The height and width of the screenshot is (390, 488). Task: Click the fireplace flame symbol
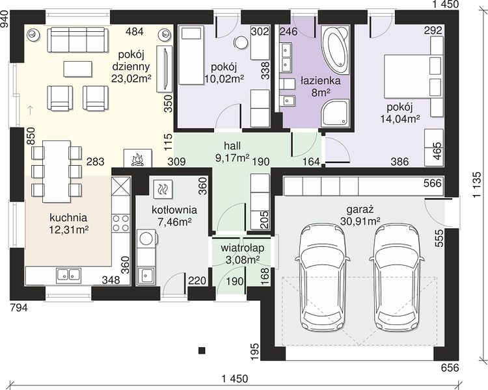[137, 159]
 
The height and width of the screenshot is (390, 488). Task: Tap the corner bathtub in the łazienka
[336, 51]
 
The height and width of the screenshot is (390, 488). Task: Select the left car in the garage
[323, 279]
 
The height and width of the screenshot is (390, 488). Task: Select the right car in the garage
[396, 279]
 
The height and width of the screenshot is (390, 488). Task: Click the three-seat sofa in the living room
[78, 40]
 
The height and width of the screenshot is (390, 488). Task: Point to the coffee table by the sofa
[78, 69]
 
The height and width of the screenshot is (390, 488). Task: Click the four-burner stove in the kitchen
[121, 223]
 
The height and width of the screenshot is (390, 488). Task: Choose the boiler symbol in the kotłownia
[163, 188]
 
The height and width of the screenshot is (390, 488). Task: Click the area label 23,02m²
[131, 78]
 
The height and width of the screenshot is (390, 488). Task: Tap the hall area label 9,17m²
[232, 158]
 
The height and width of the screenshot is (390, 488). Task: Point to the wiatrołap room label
[243, 248]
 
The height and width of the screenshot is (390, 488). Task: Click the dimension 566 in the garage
[433, 183]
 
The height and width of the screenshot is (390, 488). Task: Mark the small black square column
[202, 350]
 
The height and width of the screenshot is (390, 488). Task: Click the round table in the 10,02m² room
[241, 43]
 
